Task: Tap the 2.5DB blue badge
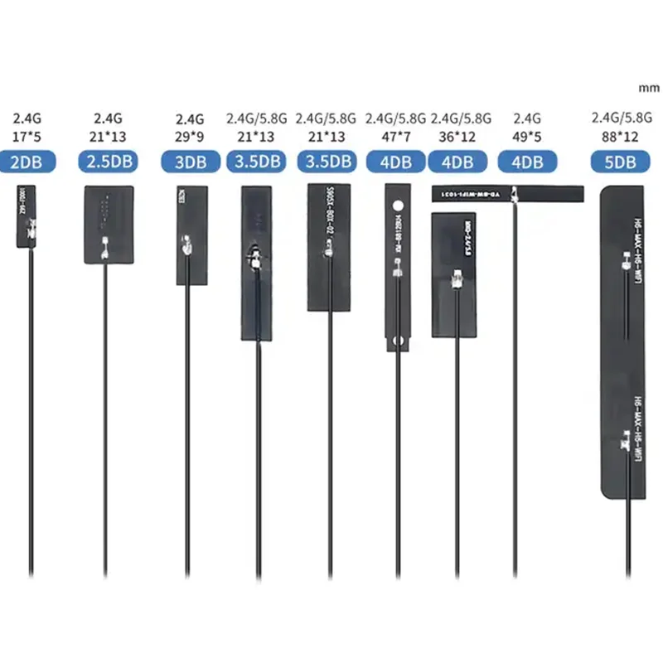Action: (108, 162)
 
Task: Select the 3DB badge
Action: (190, 162)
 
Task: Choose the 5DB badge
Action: (618, 162)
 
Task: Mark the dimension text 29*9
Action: (190, 136)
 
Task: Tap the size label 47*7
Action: (395, 136)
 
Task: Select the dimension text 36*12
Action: (462, 136)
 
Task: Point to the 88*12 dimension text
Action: (618, 136)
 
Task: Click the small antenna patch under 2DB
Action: (27, 215)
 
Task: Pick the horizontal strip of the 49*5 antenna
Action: (507, 194)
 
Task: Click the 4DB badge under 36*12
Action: (462, 162)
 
